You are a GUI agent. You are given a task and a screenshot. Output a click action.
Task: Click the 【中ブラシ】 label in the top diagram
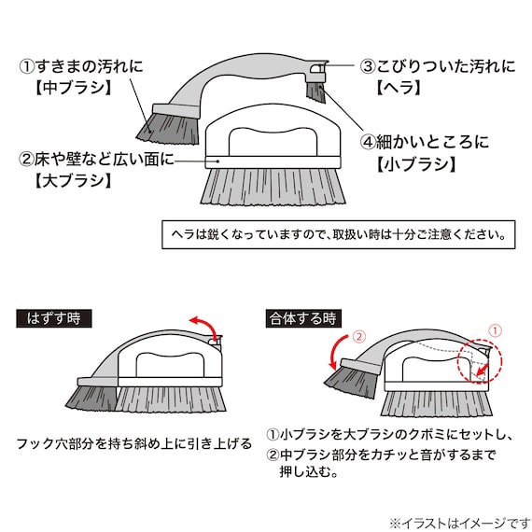(74, 89)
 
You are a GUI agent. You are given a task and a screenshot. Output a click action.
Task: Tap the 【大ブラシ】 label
(74, 180)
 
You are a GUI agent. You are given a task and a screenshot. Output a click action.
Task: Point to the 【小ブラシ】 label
(416, 164)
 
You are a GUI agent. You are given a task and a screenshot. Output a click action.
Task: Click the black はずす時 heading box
(54, 318)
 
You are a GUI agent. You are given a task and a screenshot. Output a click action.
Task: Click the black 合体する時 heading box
(303, 318)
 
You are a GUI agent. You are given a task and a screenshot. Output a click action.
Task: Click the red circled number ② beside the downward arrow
(359, 336)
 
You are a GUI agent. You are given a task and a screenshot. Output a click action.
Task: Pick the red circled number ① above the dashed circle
(495, 330)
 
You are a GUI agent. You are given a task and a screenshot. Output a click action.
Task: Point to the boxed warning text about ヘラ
(339, 234)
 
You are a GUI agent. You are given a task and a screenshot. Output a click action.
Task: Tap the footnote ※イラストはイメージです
(460, 524)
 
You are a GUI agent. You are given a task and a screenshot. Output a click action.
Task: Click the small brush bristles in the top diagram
(316, 92)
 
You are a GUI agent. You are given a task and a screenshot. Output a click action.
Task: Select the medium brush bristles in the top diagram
(169, 129)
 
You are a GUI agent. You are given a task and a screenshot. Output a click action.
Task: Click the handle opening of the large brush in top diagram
(273, 142)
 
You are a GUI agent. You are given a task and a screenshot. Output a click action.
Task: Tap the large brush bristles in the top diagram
(273, 187)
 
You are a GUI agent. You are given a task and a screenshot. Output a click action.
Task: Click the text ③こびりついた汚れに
(438, 66)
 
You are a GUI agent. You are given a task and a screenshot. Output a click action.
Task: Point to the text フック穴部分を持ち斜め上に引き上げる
(134, 443)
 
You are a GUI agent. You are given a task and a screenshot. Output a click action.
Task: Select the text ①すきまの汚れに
(81, 66)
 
